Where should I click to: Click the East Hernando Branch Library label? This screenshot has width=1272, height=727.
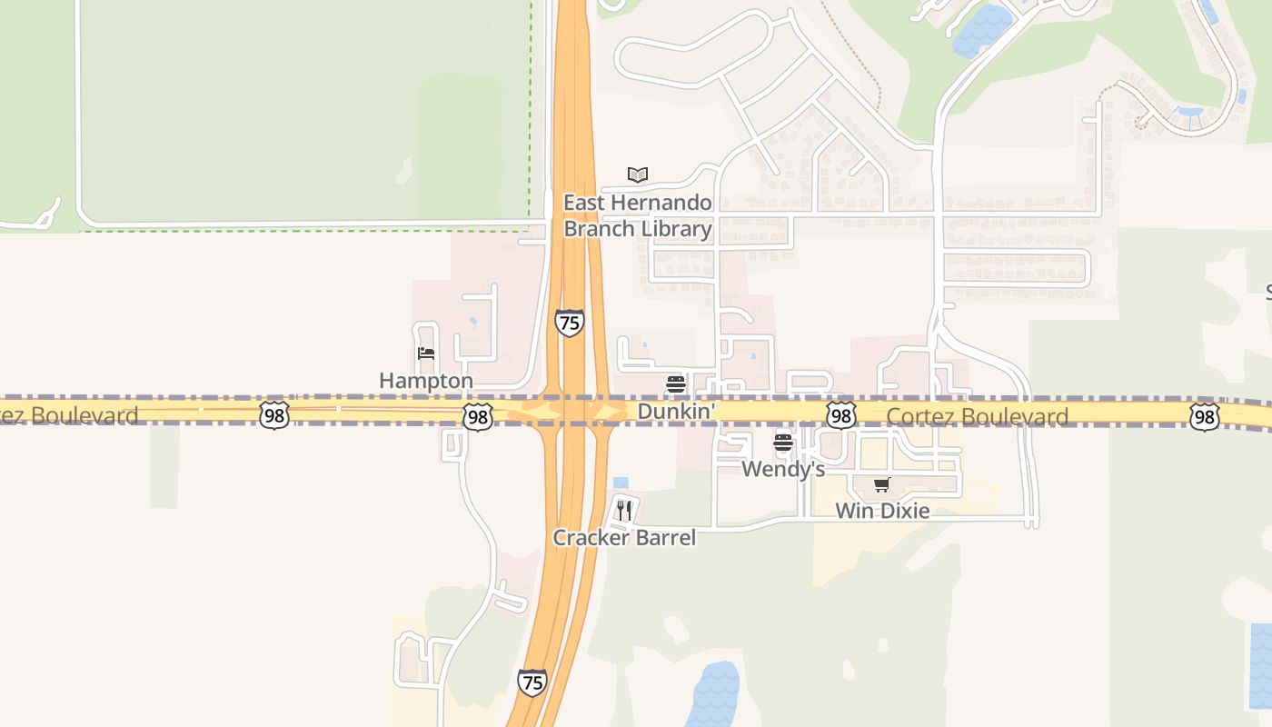pyautogui.click(x=637, y=215)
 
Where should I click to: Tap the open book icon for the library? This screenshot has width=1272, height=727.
pyautogui.click(x=638, y=174)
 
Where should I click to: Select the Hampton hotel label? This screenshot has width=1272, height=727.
pyautogui.click(x=426, y=381)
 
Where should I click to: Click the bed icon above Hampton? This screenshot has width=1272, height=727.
pyautogui.click(x=425, y=354)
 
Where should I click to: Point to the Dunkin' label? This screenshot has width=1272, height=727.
pyautogui.click(x=676, y=412)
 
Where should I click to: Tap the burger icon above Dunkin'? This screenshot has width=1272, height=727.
pyautogui.click(x=675, y=384)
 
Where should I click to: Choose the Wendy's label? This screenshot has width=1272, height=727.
pyautogui.click(x=783, y=469)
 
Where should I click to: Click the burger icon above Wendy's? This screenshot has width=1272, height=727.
pyautogui.click(x=783, y=443)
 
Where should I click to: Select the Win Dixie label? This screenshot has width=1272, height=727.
pyautogui.click(x=882, y=511)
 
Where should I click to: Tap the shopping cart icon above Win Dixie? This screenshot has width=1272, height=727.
pyautogui.click(x=881, y=484)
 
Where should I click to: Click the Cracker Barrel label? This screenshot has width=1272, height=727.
pyautogui.click(x=624, y=538)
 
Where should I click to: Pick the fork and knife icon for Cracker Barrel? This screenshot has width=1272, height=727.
pyautogui.click(x=623, y=510)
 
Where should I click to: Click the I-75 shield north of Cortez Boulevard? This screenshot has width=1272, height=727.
pyautogui.click(x=570, y=323)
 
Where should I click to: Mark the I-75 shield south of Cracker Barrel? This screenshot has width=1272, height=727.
pyautogui.click(x=532, y=682)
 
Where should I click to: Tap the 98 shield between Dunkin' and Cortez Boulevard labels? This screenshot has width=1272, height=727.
pyautogui.click(x=841, y=416)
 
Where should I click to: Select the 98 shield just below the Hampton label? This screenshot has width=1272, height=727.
pyautogui.click(x=478, y=417)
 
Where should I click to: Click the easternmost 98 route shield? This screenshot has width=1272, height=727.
pyautogui.click(x=1204, y=417)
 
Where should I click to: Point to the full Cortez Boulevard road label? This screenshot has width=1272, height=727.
pyautogui.click(x=977, y=417)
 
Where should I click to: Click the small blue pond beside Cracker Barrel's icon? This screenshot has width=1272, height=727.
pyautogui.click(x=621, y=483)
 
